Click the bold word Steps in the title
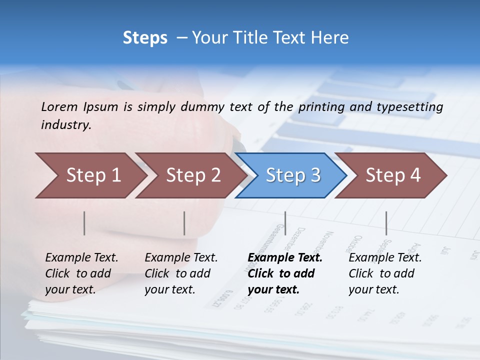click(145, 37)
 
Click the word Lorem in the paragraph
click(59, 106)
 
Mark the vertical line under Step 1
click(84, 223)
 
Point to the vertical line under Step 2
click(184, 223)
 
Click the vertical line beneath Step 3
click(285, 223)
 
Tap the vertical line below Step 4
click(386, 223)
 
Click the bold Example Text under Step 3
click(285, 258)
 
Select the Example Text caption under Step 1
click(81, 258)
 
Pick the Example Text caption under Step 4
click(385, 258)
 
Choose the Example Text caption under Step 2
click(181, 258)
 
